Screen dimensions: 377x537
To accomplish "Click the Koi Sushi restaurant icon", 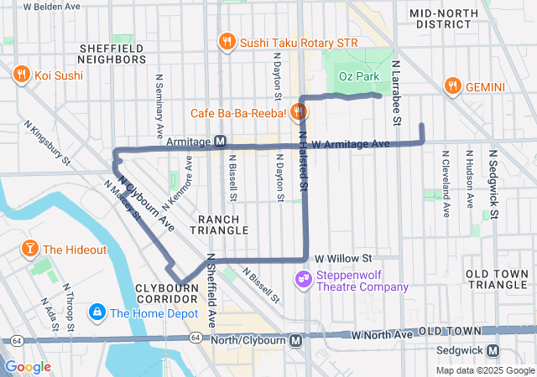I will point(21,75).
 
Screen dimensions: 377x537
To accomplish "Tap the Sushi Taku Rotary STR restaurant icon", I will point(227,41).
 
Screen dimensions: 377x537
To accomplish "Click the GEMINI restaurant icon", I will point(453,86).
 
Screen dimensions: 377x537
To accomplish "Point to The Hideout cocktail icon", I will point(29,249).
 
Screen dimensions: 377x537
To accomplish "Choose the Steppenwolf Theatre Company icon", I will point(303,279).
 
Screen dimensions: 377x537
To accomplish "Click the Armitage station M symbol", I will point(220,142).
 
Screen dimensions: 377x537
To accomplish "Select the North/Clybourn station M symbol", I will point(295,341).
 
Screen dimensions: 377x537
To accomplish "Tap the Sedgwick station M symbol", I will point(493,351).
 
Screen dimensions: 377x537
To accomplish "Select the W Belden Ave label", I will point(52,6).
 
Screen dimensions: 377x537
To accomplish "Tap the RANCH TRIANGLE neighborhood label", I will point(222,224).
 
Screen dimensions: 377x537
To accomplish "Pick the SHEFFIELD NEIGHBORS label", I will point(112,54).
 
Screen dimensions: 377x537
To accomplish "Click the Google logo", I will point(29,366).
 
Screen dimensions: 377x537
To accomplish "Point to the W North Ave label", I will point(383,334).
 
